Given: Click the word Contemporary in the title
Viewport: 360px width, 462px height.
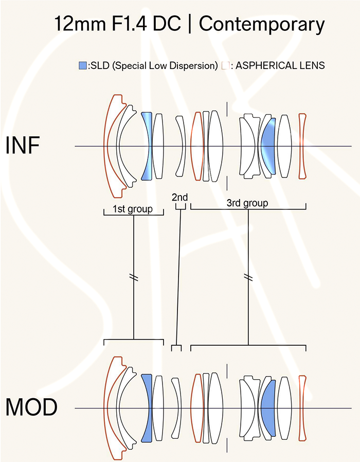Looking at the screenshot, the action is click(x=262, y=25).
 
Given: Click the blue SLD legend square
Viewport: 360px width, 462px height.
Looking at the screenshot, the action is click(x=83, y=65).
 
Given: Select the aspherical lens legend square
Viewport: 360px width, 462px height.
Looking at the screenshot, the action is click(x=225, y=65).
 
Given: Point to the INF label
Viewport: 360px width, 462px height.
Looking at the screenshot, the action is click(x=23, y=145).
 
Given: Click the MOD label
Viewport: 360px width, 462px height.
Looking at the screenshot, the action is click(x=31, y=407).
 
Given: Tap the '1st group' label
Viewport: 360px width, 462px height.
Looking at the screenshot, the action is click(x=133, y=209).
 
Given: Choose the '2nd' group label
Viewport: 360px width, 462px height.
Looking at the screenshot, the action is click(x=179, y=197).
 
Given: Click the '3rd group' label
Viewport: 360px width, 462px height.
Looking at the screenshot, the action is click(x=247, y=203).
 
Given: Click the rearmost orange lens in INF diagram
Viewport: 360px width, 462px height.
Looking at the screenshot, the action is click(x=302, y=146).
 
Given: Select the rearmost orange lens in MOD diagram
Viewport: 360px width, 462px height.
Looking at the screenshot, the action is click(x=302, y=408).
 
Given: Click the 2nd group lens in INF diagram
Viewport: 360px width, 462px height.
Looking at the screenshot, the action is click(x=181, y=146).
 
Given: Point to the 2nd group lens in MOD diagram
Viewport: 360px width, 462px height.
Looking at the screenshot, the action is click(x=177, y=408).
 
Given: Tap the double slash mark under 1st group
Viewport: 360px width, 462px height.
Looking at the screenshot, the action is click(x=134, y=277).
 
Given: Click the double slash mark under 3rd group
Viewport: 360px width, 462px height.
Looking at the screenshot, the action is click(x=248, y=277).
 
